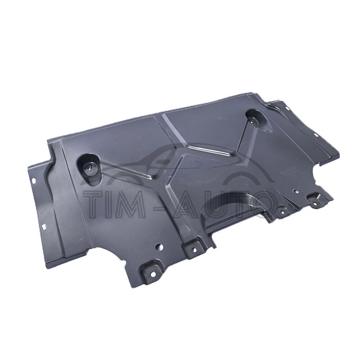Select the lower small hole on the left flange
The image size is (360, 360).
pyautogui.click(x=44, y=226)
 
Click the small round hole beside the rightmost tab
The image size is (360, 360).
pyautogui.click(x=296, y=192)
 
